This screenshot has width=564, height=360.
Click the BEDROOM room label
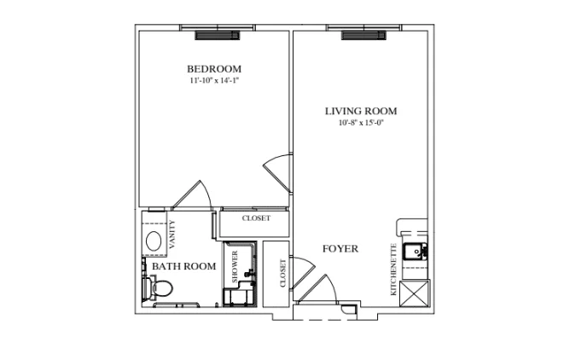click(214, 69)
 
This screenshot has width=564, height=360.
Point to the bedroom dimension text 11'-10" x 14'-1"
click(214, 80)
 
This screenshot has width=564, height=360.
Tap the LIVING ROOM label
click(361, 111)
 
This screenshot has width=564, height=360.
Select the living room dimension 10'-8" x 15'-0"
click(361, 123)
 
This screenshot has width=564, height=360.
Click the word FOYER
click(340, 248)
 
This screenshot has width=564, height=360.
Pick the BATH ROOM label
click(183, 266)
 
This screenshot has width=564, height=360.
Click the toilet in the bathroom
click(158, 287)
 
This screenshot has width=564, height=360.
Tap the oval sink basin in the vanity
click(154, 241)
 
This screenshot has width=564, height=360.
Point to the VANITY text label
click(172, 235)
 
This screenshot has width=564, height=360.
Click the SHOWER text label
click(235, 266)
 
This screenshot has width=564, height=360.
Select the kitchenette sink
click(415, 251)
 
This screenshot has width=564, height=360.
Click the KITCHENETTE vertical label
click(393, 270)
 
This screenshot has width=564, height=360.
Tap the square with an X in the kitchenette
click(415, 293)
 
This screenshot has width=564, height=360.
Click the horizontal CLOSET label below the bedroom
click(256, 218)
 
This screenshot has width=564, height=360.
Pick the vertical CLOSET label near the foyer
click(282, 273)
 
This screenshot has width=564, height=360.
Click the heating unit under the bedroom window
click(218, 35)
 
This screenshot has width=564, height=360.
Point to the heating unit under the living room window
click(363, 35)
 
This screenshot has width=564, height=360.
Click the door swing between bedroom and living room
click(277, 172)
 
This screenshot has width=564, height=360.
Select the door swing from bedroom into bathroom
click(193, 195)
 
